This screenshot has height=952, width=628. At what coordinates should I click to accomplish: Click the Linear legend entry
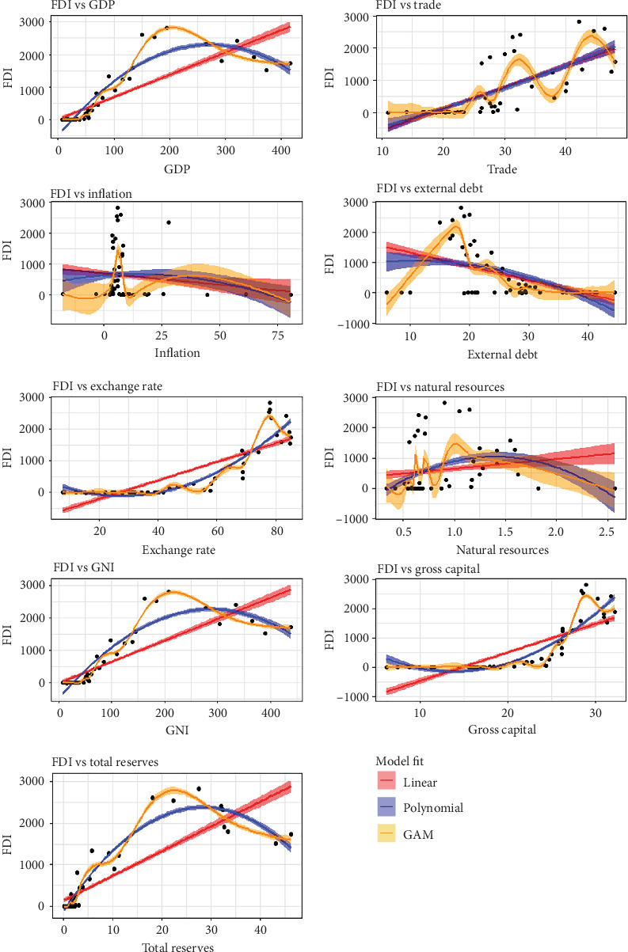[x=420, y=783]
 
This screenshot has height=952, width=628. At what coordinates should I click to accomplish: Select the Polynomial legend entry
[x=433, y=807]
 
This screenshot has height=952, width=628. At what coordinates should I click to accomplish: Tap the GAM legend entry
[x=418, y=834]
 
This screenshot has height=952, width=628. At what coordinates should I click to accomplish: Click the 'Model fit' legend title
[x=400, y=760]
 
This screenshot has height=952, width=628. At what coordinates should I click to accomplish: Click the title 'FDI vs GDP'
[x=82, y=5]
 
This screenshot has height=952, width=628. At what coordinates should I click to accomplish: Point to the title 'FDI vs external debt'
[x=429, y=188]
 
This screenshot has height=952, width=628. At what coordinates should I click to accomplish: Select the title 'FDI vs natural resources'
[x=440, y=387]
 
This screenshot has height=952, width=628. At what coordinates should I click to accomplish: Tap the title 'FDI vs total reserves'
[x=105, y=762]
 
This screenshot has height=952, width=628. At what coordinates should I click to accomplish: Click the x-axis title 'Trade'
[x=502, y=169]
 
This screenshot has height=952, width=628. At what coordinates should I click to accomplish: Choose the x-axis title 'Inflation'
[x=177, y=353]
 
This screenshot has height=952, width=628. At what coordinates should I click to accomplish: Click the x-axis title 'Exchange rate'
[x=178, y=550]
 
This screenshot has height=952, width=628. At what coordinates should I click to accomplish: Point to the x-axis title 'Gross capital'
[x=502, y=730]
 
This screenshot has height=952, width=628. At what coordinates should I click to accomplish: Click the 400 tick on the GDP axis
[x=281, y=150]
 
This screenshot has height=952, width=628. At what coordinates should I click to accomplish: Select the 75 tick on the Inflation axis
[x=278, y=336]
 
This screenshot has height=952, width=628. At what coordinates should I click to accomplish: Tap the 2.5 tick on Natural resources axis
[x=607, y=532]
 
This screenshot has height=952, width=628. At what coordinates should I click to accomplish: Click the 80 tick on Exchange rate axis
[x=277, y=531]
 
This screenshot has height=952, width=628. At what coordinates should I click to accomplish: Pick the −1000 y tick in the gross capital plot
[x=352, y=697]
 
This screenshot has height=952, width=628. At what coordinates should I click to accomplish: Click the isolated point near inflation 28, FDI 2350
[x=169, y=222]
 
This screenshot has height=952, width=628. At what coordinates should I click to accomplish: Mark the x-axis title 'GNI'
[x=177, y=730]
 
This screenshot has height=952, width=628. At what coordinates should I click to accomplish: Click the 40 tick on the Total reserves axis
[x=261, y=929]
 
